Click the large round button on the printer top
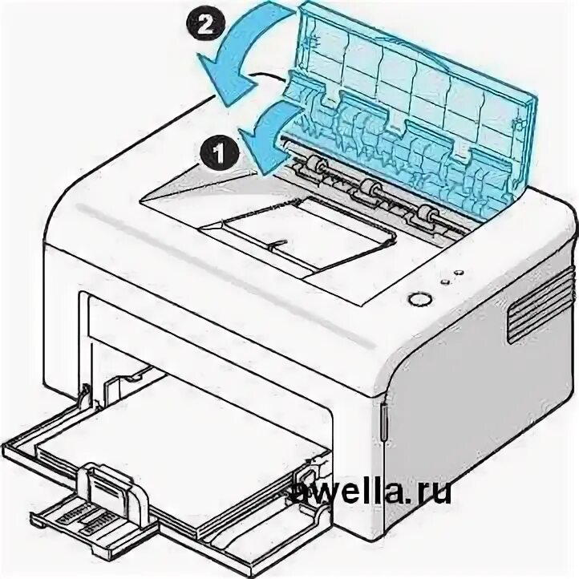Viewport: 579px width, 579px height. [x=417, y=298]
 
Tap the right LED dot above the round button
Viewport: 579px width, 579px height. [x=457, y=273]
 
